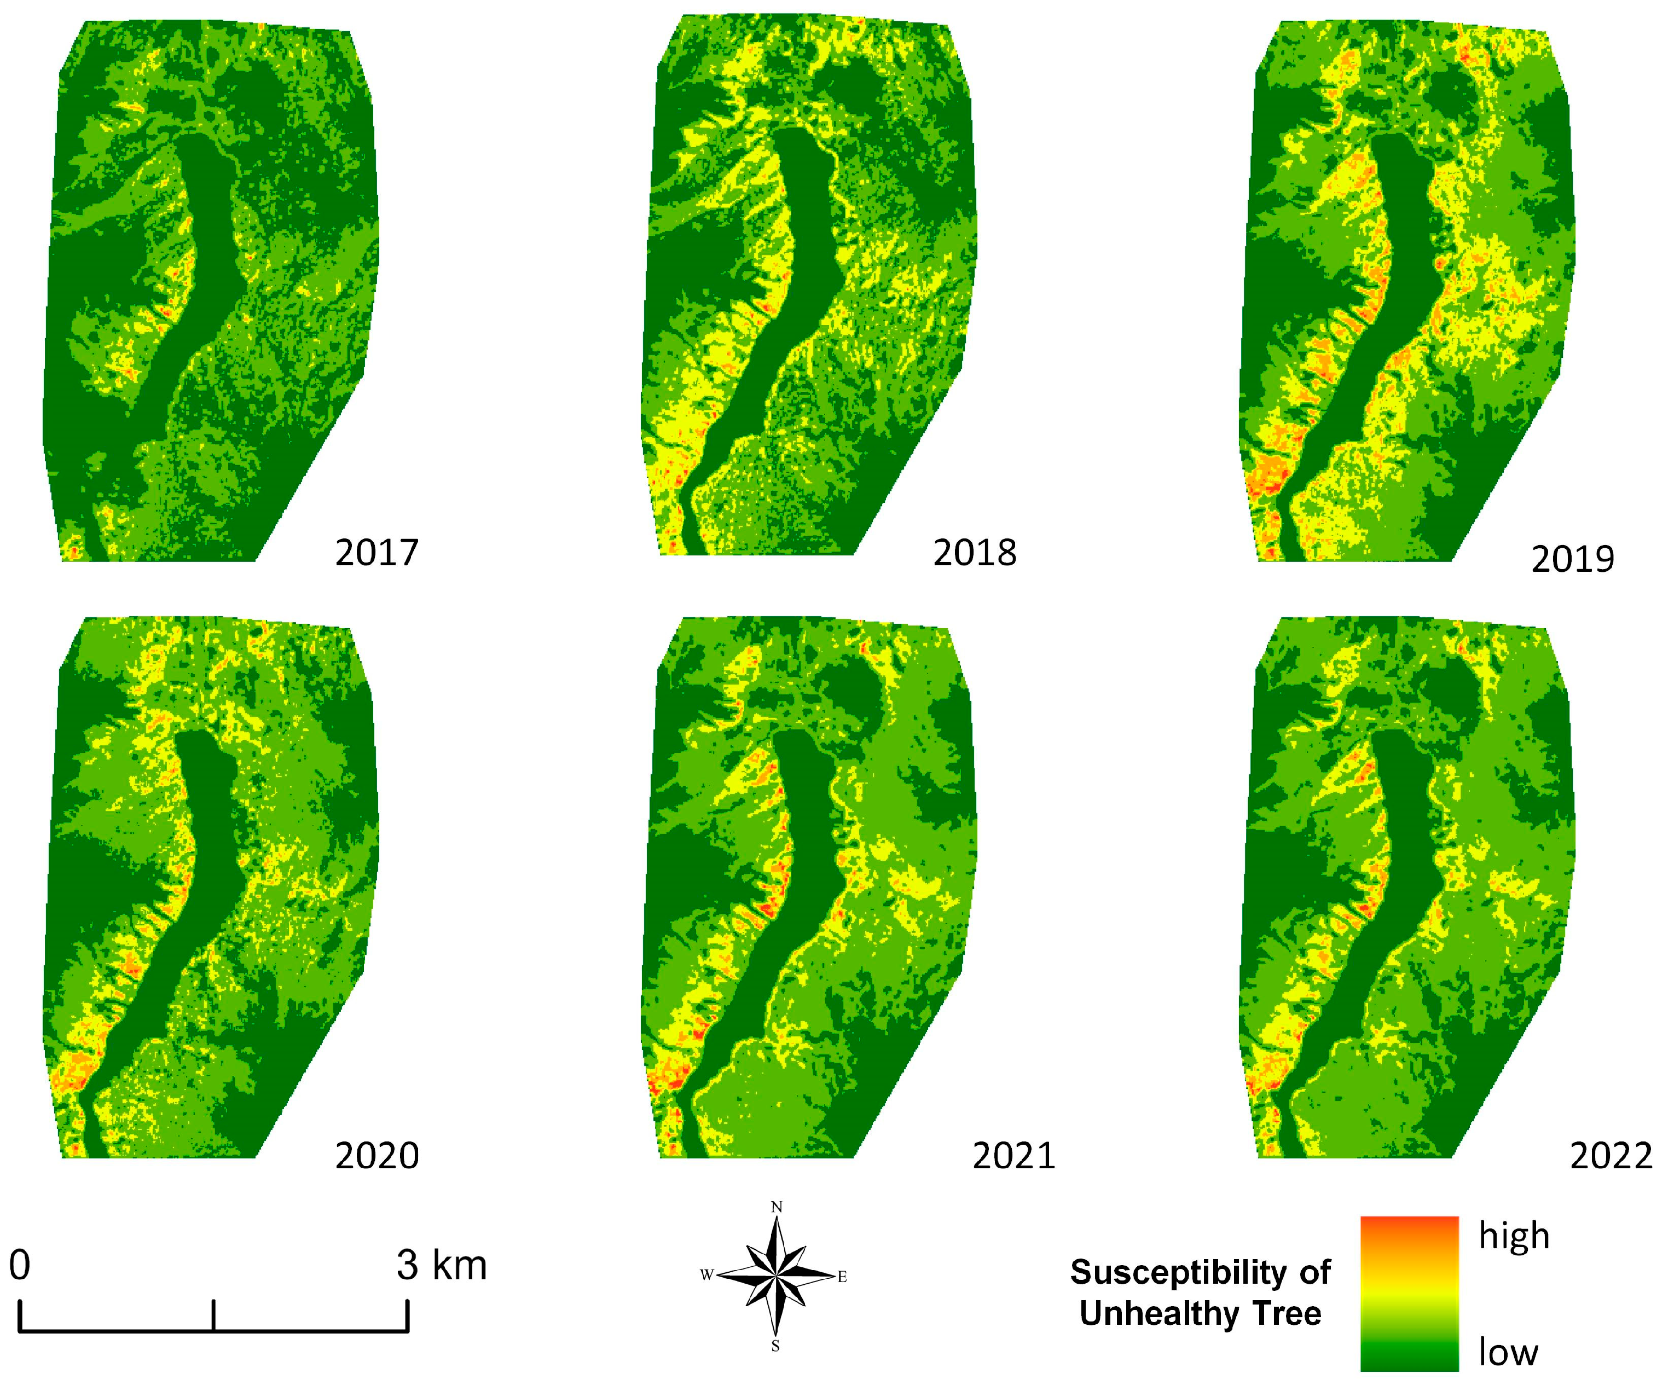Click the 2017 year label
click(x=376, y=552)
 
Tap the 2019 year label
click(x=1572, y=559)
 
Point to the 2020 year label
click(x=376, y=1156)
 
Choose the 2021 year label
click(x=1013, y=1156)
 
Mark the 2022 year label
click(x=1611, y=1156)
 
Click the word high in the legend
click(x=1514, y=1236)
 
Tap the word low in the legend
click(x=1508, y=1352)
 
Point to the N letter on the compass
click(x=777, y=1207)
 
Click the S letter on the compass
click(x=775, y=1346)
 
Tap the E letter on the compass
click(x=842, y=1278)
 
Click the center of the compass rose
click(x=775, y=1276)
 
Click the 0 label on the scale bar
click(x=20, y=1266)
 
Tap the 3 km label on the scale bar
click(x=442, y=1266)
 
